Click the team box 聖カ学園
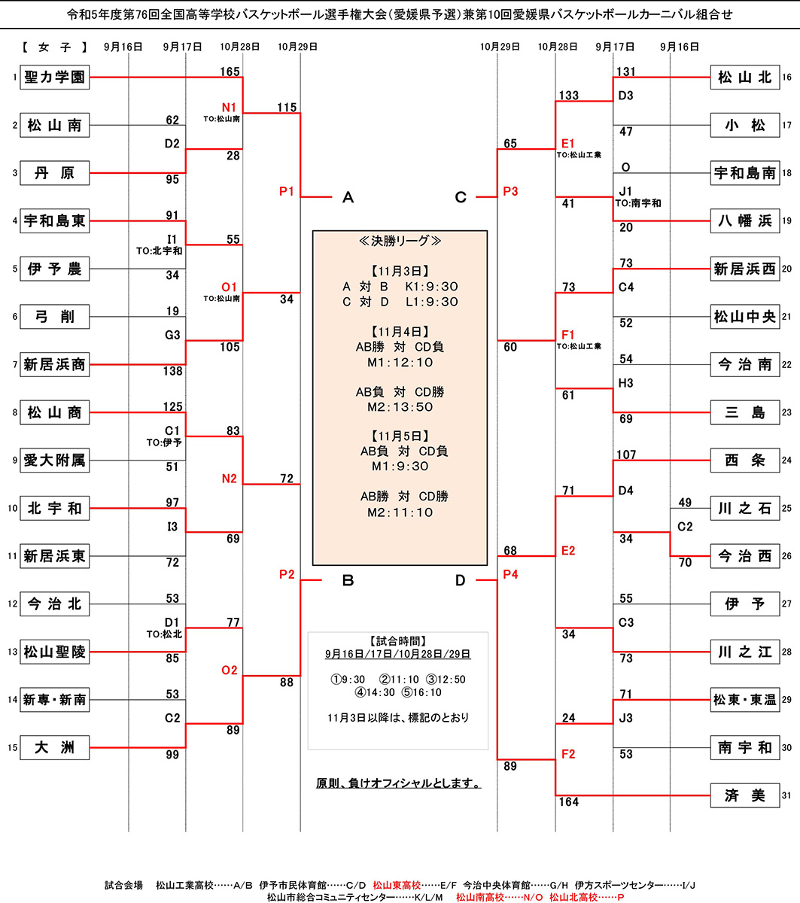pyautogui.click(x=54, y=77)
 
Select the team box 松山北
pyautogui.click(x=744, y=77)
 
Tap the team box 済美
pyautogui.click(x=744, y=795)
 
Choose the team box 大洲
pyautogui.click(x=54, y=748)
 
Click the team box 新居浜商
pyautogui.click(x=54, y=365)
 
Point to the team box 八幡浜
pyautogui.click(x=744, y=220)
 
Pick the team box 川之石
pyautogui.click(x=744, y=509)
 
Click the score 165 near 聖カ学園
pyautogui.click(x=230, y=72)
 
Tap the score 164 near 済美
pyautogui.click(x=568, y=802)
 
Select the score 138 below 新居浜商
pyautogui.click(x=172, y=371)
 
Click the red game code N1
pyautogui.click(x=229, y=107)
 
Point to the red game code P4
pyautogui.click(x=510, y=575)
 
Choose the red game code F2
pyautogui.click(x=567, y=754)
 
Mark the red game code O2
pyautogui.click(x=229, y=670)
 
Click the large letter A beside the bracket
pyautogui.click(x=348, y=198)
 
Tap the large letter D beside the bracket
pyautogui.click(x=461, y=580)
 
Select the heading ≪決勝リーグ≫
pyautogui.click(x=400, y=241)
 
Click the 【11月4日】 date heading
pyautogui.click(x=400, y=331)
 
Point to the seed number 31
pyautogui.click(x=786, y=796)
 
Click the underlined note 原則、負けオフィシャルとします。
pyautogui.click(x=399, y=783)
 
